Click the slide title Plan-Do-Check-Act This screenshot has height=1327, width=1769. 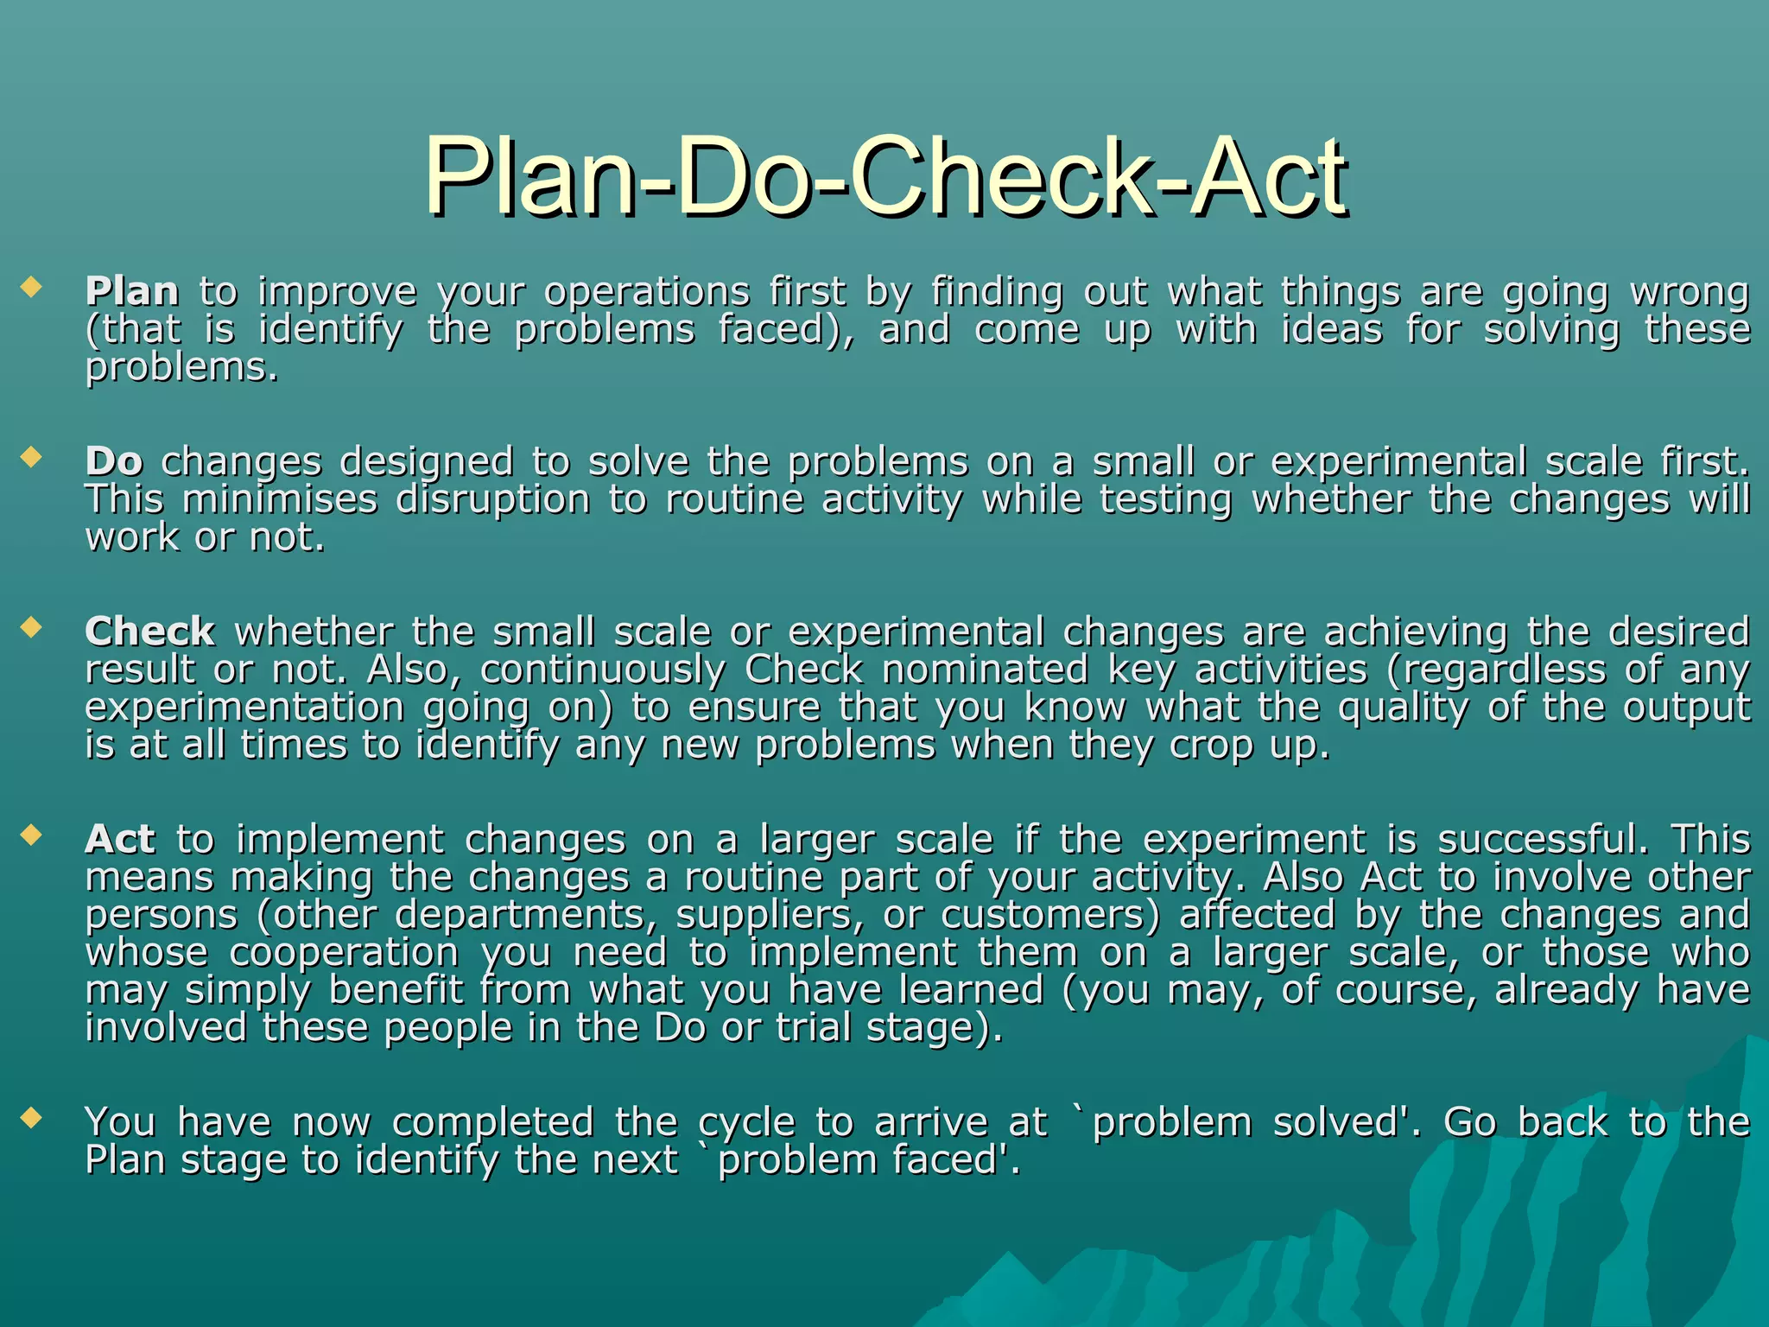click(884, 177)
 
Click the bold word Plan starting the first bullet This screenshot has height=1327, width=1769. click(132, 292)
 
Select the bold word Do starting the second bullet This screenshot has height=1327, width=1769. click(114, 462)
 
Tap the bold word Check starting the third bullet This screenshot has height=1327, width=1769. click(149, 632)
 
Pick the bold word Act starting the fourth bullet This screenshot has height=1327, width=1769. click(120, 840)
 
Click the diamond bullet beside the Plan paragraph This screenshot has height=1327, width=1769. click(32, 286)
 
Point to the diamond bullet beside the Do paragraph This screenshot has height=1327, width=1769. click(32, 456)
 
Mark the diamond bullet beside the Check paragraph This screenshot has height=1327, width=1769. click(32, 626)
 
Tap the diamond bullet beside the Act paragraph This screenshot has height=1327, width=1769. click(32, 835)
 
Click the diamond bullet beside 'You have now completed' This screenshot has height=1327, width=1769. click(32, 1117)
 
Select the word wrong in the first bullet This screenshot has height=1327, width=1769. click(1690, 292)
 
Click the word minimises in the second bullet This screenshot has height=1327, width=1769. click(281, 499)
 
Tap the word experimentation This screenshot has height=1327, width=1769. click(244, 708)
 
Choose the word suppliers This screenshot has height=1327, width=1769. click(770, 916)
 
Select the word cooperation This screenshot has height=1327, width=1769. click(344, 954)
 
